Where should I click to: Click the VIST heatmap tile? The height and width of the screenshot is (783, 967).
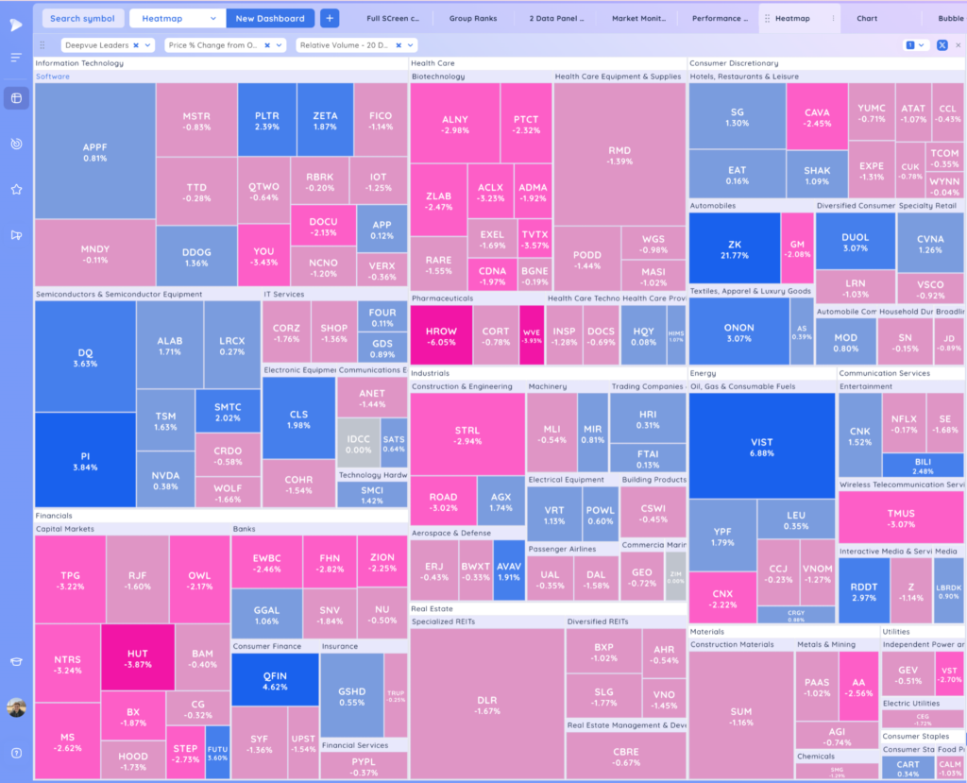pyautogui.click(x=761, y=446)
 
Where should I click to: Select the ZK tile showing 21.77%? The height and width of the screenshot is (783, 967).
pyautogui.click(x=735, y=248)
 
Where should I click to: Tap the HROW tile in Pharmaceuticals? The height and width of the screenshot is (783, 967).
pyautogui.click(x=440, y=335)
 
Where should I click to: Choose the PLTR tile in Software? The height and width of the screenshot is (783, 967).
pyautogui.click(x=267, y=120)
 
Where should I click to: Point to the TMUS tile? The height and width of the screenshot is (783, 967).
pyautogui.click(x=901, y=518)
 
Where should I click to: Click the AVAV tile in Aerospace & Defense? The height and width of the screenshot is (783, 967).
pyautogui.click(x=508, y=570)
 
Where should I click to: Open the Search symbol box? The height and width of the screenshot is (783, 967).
pyautogui.click(x=83, y=18)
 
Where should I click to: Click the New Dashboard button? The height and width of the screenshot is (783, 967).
pyautogui.click(x=270, y=18)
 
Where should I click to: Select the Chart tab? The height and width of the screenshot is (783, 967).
pyautogui.click(x=866, y=18)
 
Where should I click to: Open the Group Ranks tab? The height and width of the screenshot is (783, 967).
pyautogui.click(x=474, y=18)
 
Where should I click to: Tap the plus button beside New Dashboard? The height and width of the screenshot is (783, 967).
pyautogui.click(x=330, y=18)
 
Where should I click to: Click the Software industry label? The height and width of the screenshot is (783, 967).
pyautogui.click(x=53, y=77)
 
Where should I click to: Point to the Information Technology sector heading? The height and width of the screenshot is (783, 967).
pyautogui.click(x=79, y=63)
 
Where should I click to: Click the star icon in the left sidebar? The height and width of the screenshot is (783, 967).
pyautogui.click(x=16, y=189)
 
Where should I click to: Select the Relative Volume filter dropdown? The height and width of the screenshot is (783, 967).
pyautogui.click(x=356, y=44)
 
